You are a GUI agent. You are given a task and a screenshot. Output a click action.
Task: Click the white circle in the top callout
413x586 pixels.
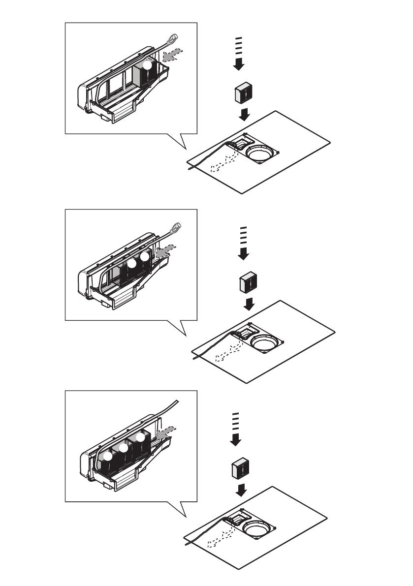pos(148,64)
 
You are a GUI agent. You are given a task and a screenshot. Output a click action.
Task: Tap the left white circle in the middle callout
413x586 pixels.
pos(131,263)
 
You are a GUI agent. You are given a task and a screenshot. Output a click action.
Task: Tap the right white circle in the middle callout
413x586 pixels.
pos(144,256)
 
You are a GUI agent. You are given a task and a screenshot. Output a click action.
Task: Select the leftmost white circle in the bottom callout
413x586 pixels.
pos(108,457)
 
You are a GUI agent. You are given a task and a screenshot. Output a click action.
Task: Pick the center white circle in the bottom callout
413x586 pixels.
pos(124,448)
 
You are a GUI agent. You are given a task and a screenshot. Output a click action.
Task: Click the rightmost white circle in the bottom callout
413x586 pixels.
pos(141,437)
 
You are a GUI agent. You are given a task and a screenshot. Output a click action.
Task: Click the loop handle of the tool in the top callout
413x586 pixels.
pos(174,38)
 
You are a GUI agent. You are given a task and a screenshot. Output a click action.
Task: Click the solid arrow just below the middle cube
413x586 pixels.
pos(250,305)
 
